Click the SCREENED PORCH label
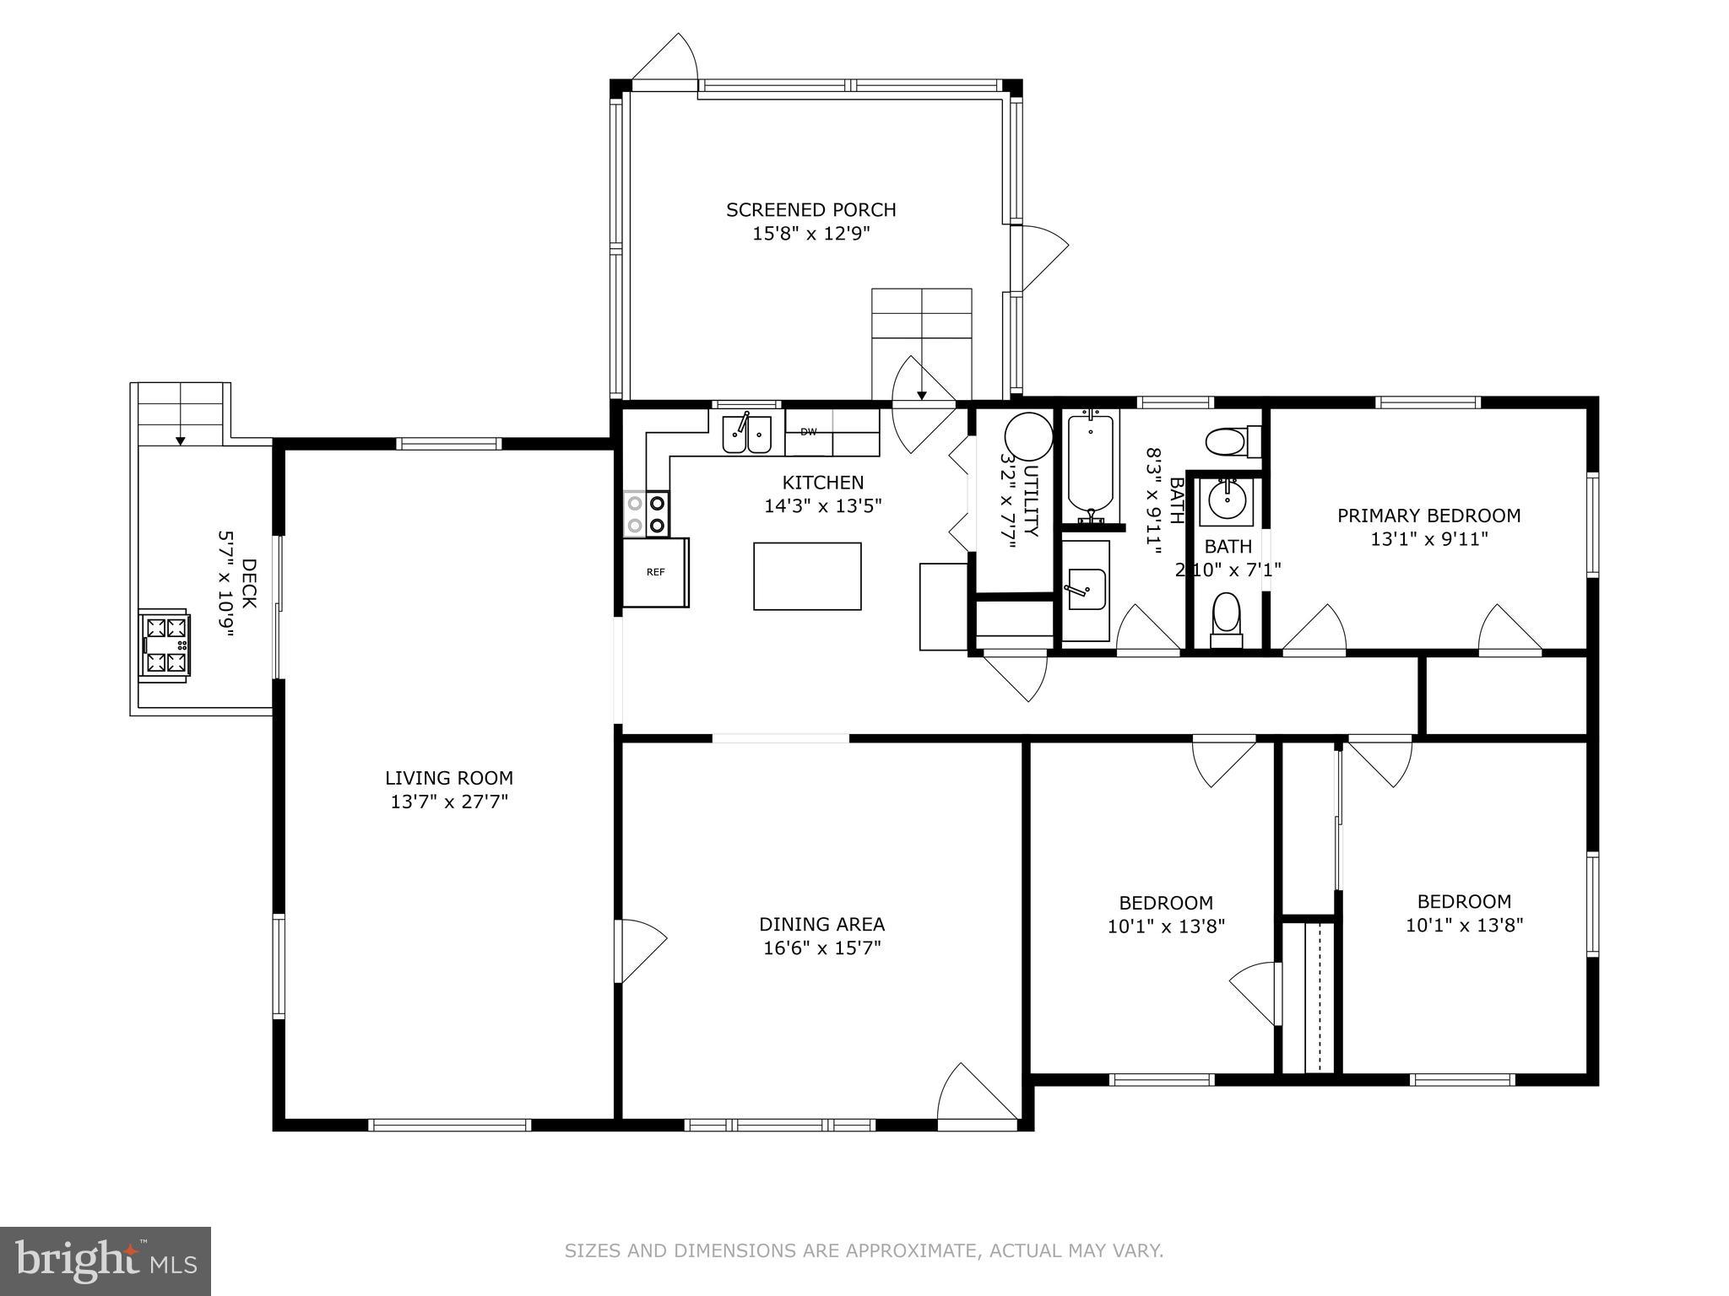tap(810, 209)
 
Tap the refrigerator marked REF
tap(656, 572)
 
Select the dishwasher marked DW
tap(809, 432)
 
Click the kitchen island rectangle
tap(807, 576)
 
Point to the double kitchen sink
tap(746, 435)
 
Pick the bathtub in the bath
tap(1091, 469)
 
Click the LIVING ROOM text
tap(449, 778)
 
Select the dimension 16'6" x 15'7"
tap(821, 948)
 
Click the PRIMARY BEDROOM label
tap(1428, 516)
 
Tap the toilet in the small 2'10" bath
tap(1226, 618)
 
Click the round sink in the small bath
tap(1226, 500)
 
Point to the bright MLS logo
tap(105, 1261)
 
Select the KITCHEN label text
tap(822, 483)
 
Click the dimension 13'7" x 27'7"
tap(449, 802)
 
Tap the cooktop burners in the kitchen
tap(647, 514)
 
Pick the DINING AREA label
tap(821, 924)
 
